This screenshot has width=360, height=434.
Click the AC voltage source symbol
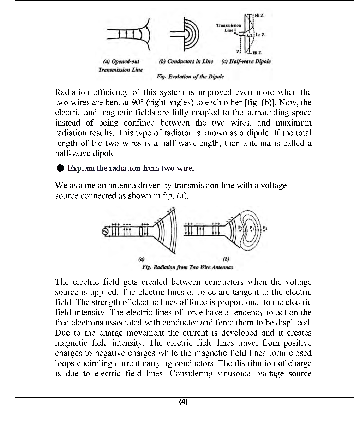[104, 232]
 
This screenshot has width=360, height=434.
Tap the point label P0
[240, 228]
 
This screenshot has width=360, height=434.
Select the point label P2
[265, 228]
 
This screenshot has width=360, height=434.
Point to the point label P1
[252, 228]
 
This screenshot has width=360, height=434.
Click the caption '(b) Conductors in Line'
[186, 61]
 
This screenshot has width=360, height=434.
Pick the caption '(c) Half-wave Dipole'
[246, 61]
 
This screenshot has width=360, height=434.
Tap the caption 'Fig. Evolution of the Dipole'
[190, 77]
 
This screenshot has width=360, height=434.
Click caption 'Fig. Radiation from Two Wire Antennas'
[187, 267]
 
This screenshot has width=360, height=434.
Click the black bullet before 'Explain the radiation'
[60, 168]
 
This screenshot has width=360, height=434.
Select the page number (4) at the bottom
[183, 402]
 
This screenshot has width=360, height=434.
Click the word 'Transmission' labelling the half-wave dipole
[229, 25]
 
